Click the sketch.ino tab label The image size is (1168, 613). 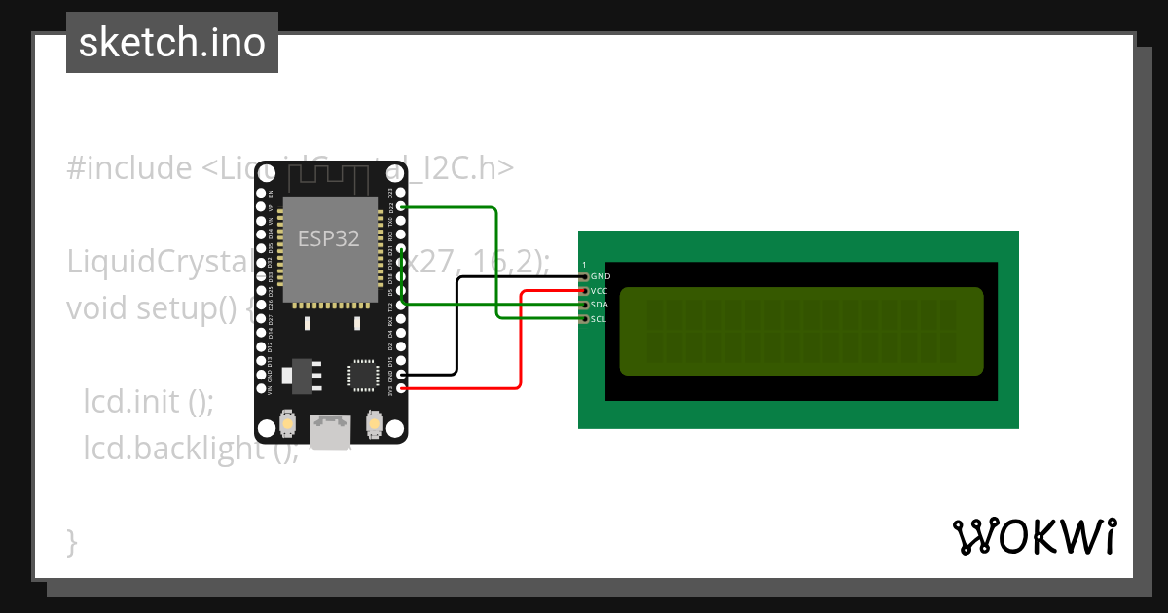coord(171,43)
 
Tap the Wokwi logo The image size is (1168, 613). coord(1034,536)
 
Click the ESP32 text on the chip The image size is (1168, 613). coord(328,239)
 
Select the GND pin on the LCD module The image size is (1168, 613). coord(584,276)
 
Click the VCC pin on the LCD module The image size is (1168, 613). coord(584,291)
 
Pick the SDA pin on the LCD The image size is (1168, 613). coord(584,305)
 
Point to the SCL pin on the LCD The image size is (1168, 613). coord(584,318)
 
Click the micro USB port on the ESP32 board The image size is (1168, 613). coord(331,432)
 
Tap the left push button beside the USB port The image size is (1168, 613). coord(288,424)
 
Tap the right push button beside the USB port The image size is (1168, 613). coord(374,424)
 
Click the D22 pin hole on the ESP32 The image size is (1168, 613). coord(402,207)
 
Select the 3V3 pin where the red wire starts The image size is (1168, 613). coord(402,388)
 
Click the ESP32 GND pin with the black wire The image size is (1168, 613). coord(402,375)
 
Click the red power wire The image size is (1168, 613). coord(521,341)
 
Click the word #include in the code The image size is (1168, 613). coord(129,168)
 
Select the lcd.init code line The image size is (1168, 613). coord(147,401)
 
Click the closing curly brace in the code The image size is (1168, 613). coord(71,541)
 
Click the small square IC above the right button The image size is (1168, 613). coord(362,375)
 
